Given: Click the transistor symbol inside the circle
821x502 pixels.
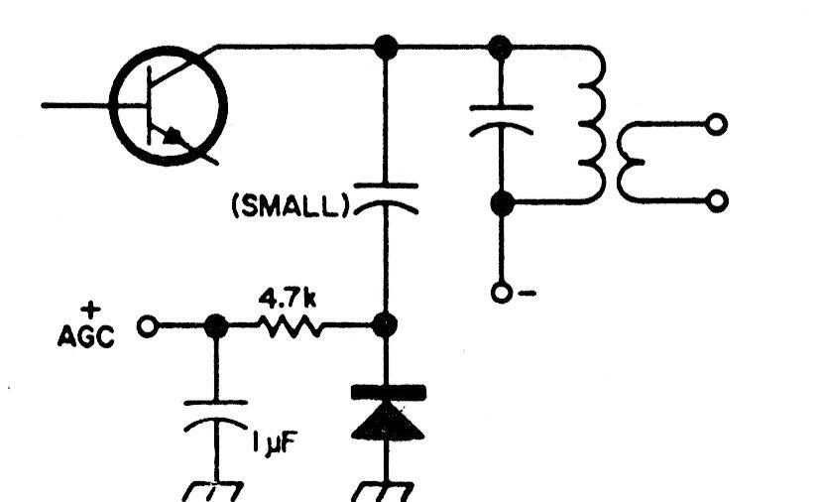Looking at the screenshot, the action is pyautogui.click(x=169, y=106).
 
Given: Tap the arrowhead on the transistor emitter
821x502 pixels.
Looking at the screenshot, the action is pyautogui.click(x=175, y=136).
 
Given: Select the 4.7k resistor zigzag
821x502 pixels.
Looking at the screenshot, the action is pyautogui.click(x=290, y=326).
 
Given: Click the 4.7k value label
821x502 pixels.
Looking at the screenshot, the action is pyautogui.click(x=288, y=299).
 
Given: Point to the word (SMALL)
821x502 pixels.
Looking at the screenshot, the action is pyautogui.click(x=291, y=206).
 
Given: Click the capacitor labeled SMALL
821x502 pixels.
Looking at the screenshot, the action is pyautogui.click(x=386, y=198).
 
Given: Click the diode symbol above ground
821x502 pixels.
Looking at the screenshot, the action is pyautogui.click(x=388, y=413).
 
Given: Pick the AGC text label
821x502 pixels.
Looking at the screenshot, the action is pyautogui.click(x=86, y=336).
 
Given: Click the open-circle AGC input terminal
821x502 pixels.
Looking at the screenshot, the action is pyautogui.click(x=147, y=326).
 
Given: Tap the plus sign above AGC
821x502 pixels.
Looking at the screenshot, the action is pyautogui.click(x=91, y=311).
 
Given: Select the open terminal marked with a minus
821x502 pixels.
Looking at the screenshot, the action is pyautogui.click(x=501, y=293).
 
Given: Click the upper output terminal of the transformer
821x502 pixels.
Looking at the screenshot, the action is pyautogui.click(x=716, y=125).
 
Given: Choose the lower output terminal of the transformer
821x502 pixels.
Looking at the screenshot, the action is pyautogui.click(x=717, y=201).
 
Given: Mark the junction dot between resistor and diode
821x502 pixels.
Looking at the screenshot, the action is pyautogui.click(x=385, y=325).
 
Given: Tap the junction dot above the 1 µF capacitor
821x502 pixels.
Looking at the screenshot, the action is pyautogui.click(x=216, y=326).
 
